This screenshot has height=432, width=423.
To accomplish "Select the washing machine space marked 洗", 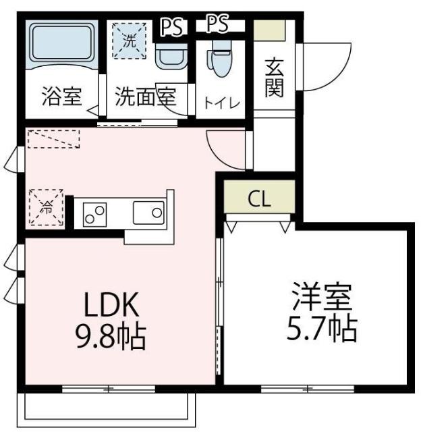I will click(128, 40).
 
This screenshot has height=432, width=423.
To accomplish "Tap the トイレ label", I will click(221, 103).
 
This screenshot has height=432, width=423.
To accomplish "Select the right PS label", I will click(217, 25).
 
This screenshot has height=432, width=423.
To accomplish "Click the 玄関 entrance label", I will click(273, 78).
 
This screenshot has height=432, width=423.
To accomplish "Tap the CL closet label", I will click(260, 198).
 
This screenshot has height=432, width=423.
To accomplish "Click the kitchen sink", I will click(148, 215).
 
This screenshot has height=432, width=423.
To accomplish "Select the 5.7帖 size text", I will click(324, 329).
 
